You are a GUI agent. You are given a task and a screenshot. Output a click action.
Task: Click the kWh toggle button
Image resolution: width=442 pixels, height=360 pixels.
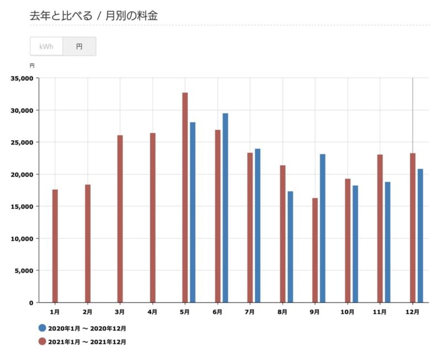point(46,46)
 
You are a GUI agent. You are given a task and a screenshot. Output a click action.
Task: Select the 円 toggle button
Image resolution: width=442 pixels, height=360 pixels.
point(79,46)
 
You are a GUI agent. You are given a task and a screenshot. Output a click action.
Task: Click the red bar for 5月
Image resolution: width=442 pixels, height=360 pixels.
point(185,197)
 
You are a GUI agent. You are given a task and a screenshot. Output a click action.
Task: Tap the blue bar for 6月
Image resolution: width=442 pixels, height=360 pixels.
point(225,208)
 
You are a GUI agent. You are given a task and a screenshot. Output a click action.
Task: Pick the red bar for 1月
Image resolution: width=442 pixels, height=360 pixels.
point(55,246)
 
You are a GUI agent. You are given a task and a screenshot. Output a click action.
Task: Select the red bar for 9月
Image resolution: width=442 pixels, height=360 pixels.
point(315,250)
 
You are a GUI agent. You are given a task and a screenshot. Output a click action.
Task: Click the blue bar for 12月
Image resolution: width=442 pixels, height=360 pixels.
point(420,236)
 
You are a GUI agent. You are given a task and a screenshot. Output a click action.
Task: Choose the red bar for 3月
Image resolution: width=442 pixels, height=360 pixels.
point(120,219)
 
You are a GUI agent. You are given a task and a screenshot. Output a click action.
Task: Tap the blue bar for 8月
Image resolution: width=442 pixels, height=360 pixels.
point(290,247)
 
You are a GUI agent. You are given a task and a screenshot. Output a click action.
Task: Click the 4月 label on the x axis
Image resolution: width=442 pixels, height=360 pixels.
point(152,312)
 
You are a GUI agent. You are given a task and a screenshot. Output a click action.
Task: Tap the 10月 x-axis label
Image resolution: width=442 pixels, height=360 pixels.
point(348,312)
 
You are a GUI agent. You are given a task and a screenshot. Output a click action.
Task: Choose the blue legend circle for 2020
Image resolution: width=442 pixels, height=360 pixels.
point(42,328)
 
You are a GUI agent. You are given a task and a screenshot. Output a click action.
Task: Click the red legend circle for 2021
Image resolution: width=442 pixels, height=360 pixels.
point(42,342)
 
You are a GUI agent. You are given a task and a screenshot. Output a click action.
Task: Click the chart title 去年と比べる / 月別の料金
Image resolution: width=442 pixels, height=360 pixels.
point(94,15)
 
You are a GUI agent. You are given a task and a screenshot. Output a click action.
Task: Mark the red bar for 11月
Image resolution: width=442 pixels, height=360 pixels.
point(380,228)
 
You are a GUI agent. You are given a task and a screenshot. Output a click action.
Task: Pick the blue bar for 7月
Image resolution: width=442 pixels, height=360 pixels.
point(257,226)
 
